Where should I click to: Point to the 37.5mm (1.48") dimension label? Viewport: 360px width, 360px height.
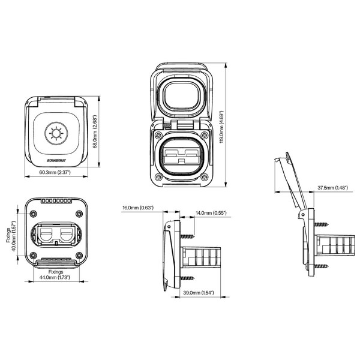pyautogui.click(x=332, y=188)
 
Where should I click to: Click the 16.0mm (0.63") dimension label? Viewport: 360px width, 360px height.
pyautogui.click(x=138, y=208)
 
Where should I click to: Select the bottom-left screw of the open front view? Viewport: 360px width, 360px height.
pyautogui.click(x=157, y=176)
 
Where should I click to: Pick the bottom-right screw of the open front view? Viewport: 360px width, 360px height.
pyautogui.click(x=205, y=176)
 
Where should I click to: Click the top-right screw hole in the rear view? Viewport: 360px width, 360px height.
pyautogui.click(x=79, y=214)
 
